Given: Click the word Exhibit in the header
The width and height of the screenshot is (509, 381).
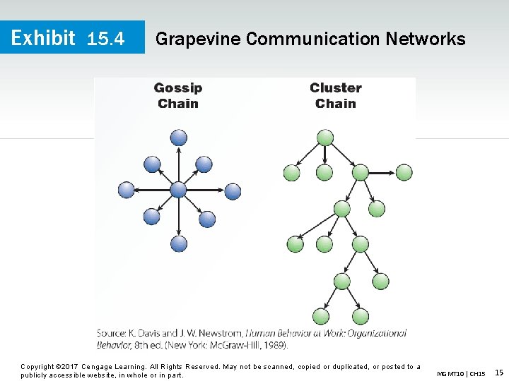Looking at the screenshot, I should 43,37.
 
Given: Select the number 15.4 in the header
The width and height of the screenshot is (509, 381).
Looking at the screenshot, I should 105,39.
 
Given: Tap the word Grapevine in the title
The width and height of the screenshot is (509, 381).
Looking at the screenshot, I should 197,39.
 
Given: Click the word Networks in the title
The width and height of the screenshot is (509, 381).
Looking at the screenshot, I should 426,39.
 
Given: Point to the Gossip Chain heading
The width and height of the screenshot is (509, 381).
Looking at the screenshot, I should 178,96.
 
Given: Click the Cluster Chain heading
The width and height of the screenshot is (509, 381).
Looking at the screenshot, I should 336,96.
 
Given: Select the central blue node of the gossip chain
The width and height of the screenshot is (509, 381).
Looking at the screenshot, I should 178,189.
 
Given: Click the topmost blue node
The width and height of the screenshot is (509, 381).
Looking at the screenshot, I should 179,137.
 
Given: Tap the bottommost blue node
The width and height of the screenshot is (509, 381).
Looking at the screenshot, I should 179,244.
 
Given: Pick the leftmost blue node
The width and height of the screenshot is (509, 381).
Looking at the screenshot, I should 126,189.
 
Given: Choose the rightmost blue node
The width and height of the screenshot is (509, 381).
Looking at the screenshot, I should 233,190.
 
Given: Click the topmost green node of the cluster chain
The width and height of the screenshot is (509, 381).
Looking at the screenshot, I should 325,137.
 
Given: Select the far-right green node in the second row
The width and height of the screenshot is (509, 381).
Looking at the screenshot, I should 404,171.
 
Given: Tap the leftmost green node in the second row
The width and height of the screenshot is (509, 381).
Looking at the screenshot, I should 291,172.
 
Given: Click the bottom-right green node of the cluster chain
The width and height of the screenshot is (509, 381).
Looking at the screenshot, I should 361,317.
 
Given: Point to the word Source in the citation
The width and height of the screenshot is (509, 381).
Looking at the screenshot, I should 111,333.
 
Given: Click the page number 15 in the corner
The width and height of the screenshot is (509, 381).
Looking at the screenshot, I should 498,372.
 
